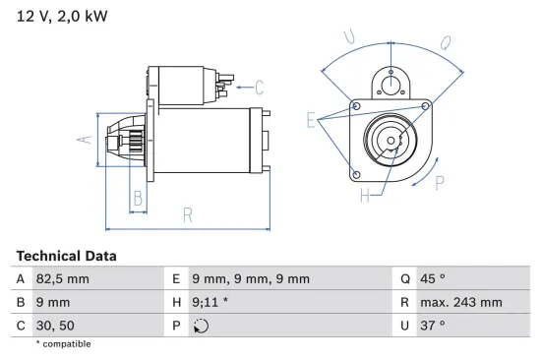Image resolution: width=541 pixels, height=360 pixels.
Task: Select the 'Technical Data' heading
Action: coord(66,256)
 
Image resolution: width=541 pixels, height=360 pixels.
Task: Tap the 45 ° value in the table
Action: coord(433,279)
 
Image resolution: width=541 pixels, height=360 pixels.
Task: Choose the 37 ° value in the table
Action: coord(432,325)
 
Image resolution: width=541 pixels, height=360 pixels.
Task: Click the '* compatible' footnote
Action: coord(63,344)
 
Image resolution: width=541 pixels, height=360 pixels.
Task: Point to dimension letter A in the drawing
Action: coord(85,139)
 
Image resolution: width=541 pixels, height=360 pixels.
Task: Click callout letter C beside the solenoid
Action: coord(259,86)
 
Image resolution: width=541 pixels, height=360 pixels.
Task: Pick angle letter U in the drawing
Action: coord(349,38)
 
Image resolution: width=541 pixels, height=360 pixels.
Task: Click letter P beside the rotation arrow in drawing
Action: coord(439,182)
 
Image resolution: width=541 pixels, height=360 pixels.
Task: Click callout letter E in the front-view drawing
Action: coord(311,121)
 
